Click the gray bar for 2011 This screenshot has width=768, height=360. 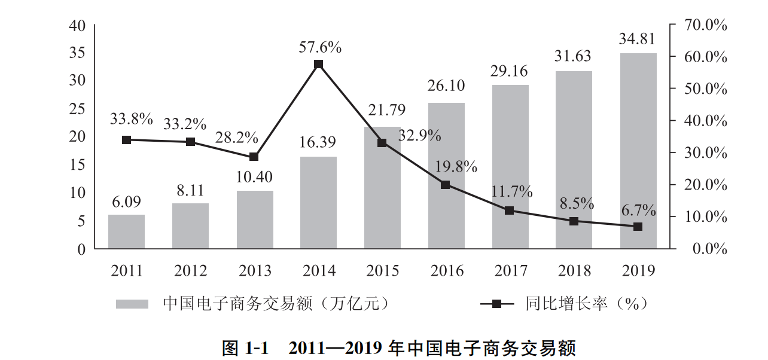click(126, 231)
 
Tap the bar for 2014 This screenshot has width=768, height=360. click(318, 203)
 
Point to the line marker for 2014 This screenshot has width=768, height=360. click(318, 64)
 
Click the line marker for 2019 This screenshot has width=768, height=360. click(638, 227)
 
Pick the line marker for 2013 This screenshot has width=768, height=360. click(254, 157)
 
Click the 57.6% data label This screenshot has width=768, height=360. click(320, 47)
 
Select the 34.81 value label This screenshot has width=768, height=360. click(637, 40)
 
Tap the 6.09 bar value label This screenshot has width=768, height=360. click(126, 202)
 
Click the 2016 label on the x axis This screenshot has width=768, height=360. click(447, 271)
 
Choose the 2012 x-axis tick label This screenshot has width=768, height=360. click(190, 271)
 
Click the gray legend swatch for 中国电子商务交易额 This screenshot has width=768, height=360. click(132, 304)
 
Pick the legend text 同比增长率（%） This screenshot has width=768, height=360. click(586, 304)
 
